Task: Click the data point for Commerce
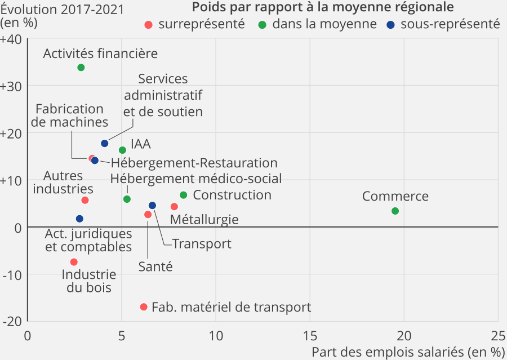click(x=395, y=211)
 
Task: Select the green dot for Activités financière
click(x=81, y=68)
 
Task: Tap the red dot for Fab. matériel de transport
click(x=144, y=307)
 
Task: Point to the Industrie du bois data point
click(x=74, y=262)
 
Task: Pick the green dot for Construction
click(x=183, y=195)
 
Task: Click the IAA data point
click(x=122, y=150)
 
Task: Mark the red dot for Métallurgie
click(x=174, y=207)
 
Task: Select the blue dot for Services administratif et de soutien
click(x=105, y=144)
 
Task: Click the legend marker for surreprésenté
click(x=149, y=24)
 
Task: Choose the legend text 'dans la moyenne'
click(x=324, y=24)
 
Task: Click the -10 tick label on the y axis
click(x=12, y=274)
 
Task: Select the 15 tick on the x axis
click(x=310, y=335)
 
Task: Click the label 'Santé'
click(x=155, y=266)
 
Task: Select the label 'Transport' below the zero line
click(x=202, y=244)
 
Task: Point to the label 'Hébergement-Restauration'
click(x=194, y=163)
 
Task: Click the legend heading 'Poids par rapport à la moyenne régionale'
click(x=323, y=7)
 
